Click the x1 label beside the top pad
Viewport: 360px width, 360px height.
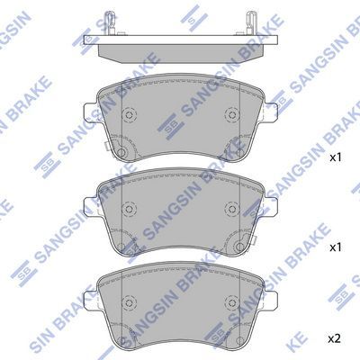click(336, 157)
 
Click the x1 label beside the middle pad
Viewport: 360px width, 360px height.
click(336, 247)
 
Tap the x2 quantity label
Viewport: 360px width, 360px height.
click(335, 339)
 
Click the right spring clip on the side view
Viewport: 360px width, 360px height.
click(250, 22)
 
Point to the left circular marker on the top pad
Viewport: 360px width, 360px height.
click(130, 114)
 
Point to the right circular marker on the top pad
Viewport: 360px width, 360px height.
click(231, 114)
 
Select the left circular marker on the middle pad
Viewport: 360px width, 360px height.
click(130, 208)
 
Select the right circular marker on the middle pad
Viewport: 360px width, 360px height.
click(231, 208)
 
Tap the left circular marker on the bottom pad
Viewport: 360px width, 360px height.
click(130, 301)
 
